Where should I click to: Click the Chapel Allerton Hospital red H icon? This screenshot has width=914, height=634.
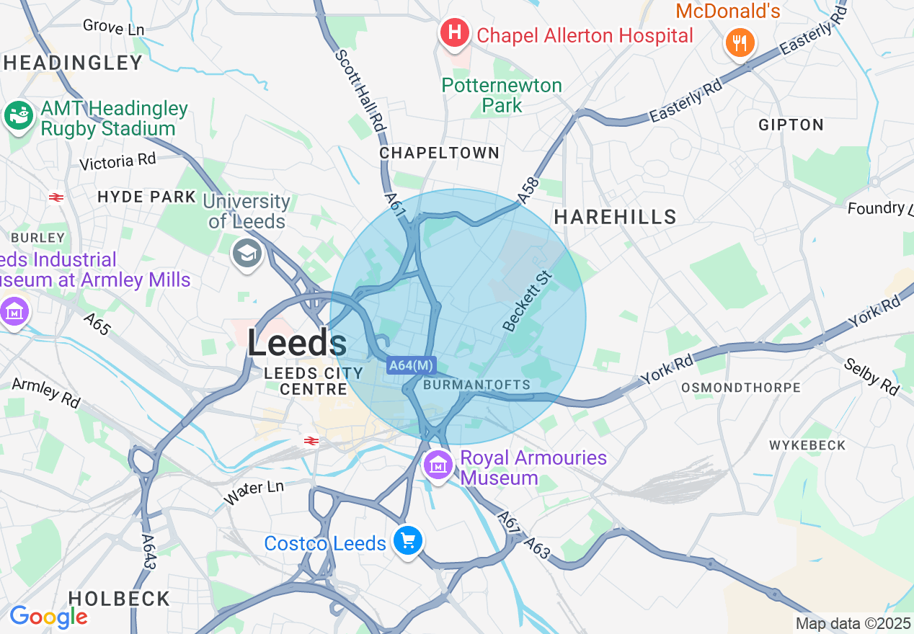point(455,33)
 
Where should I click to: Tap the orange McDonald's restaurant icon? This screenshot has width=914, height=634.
point(739,43)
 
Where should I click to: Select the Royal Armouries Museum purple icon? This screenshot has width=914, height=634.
point(438,466)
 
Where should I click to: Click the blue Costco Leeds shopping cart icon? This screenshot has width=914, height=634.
point(407,540)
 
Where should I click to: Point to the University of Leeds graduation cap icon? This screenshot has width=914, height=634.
point(247,253)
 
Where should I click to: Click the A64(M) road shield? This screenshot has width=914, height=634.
point(411,365)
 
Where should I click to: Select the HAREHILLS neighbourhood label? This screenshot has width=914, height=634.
point(615,216)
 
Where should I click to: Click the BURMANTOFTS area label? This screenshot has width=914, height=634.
point(476,385)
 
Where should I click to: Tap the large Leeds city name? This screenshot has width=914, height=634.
point(296,343)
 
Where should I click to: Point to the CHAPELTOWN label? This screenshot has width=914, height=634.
point(439,153)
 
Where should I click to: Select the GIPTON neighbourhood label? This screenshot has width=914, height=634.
point(791,125)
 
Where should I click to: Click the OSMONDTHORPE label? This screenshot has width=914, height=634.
point(741,388)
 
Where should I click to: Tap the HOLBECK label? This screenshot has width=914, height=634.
point(119,599)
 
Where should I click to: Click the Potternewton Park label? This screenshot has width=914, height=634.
point(502,95)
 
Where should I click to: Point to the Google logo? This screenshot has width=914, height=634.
point(48,617)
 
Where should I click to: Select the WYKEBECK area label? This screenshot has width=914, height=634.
point(807,445)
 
